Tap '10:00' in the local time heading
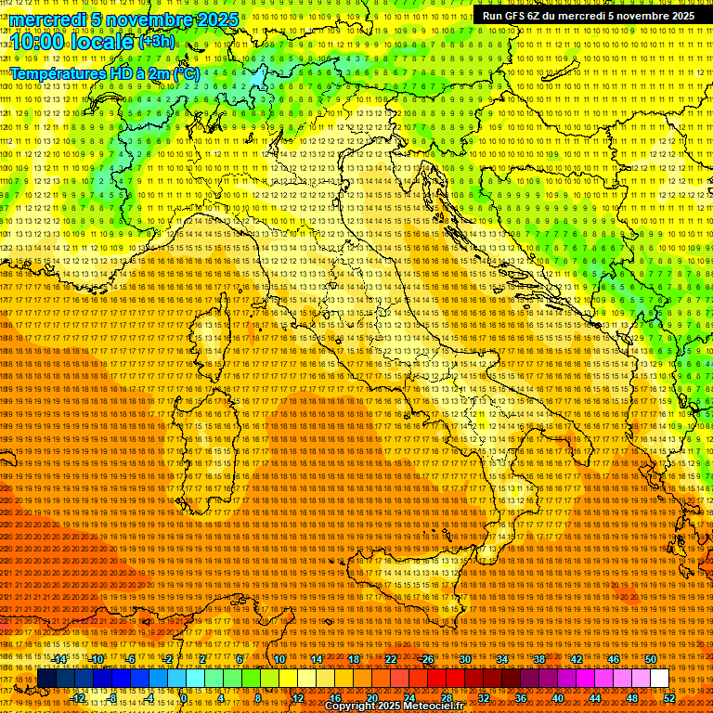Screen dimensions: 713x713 click(x=36, y=42)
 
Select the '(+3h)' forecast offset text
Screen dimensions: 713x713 click(x=155, y=41)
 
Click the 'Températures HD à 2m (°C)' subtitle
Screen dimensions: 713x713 click(x=104, y=72)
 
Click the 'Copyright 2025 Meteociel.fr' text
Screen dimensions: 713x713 click(x=394, y=707)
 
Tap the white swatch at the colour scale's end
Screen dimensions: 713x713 click(x=660, y=679)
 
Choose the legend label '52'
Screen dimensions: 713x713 click(x=669, y=698)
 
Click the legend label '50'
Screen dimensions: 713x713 click(x=651, y=659)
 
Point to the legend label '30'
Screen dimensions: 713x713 click(x=465, y=659)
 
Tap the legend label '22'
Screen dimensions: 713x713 click(x=391, y=659)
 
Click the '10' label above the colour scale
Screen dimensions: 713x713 click(x=279, y=659)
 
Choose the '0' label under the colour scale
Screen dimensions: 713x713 click(x=185, y=698)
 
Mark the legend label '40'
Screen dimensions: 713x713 click(x=558, y=698)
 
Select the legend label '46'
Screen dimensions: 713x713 click(x=614, y=659)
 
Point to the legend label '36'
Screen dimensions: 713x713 click(x=521, y=698)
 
